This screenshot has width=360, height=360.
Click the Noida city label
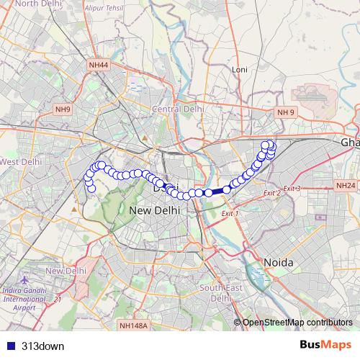click(278, 263)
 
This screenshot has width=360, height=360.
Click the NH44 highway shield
click(99, 65)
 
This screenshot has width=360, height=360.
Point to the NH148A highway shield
click(133, 325)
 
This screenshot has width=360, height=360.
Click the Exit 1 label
click(230, 214)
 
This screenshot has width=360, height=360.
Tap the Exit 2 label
click(271, 193)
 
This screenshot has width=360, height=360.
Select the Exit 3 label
click(292, 188)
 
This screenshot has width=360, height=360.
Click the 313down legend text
click(42, 346)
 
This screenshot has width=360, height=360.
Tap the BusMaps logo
click(326, 345)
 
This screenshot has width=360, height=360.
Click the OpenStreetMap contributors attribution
click(297, 322)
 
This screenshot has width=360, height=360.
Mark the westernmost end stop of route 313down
click(91, 189)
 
